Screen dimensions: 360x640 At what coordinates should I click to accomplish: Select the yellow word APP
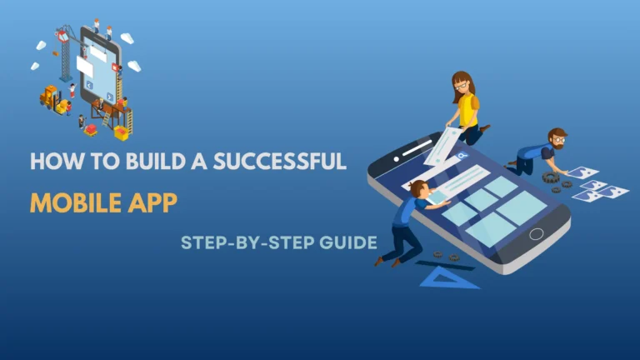(154, 202)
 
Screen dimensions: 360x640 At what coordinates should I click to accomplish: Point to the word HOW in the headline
(47, 161)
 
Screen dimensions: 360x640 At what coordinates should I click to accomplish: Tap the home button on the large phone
(536, 233)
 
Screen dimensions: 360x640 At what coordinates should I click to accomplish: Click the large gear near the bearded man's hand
(551, 177)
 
